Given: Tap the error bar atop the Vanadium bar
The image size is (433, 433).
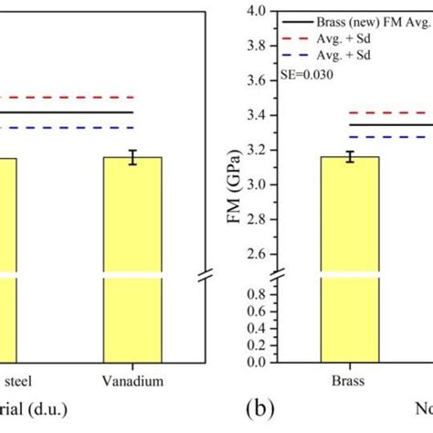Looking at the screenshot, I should click(x=132, y=157).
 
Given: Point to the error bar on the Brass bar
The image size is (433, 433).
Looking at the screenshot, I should click(x=350, y=157).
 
